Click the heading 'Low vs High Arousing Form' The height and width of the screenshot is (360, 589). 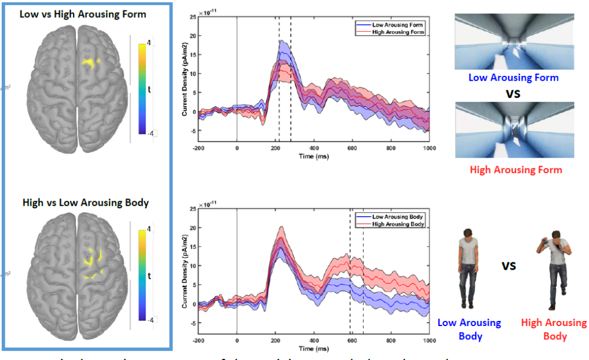click(83, 14)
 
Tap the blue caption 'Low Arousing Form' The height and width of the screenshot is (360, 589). click(513, 78)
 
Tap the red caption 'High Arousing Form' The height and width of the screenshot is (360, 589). click(515, 170)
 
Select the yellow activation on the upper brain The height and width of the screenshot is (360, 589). click(89, 62)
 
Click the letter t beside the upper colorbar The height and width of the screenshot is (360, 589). click(150, 89)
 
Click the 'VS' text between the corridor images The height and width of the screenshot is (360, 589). click(513, 93)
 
